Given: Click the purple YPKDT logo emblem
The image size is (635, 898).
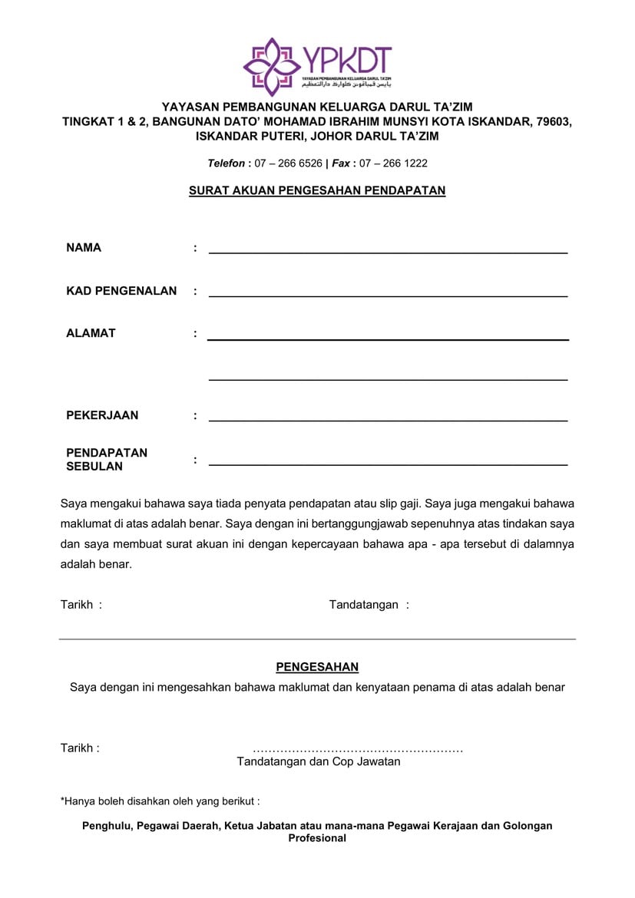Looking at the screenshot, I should (270, 67).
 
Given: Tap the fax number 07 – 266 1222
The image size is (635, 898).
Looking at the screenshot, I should (393, 163).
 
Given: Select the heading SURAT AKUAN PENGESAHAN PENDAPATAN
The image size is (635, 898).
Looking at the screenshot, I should (317, 190).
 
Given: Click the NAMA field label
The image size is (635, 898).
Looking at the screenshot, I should (84, 248).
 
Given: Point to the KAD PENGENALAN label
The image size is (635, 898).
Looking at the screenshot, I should (121, 291).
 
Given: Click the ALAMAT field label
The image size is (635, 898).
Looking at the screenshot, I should (91, 333).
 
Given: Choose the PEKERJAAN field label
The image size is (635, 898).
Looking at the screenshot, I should (102, 415).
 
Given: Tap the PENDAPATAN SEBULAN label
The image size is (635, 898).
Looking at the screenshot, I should (106, 459).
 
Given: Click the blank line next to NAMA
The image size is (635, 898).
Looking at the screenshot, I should (388, 252).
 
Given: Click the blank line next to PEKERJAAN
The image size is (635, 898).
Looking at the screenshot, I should (388, 420).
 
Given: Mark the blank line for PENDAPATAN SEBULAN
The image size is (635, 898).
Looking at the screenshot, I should (388, 464).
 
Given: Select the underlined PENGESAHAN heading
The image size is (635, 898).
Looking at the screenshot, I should (317, 668).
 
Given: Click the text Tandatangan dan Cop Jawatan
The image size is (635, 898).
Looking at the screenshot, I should (318, 762).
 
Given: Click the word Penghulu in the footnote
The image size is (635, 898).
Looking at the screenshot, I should (107, 826).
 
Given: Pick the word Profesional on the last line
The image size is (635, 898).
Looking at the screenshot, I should (317, 838).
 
